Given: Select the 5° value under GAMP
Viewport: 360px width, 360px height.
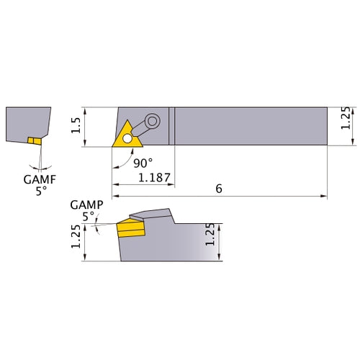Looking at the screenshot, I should point(89,215).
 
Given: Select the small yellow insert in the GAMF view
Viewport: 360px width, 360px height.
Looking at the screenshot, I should point(33,140).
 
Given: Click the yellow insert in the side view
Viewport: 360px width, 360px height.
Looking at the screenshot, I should point(130,230).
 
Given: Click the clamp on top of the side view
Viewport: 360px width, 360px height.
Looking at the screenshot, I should point(153,214).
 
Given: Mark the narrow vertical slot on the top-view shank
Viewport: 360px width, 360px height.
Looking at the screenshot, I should point(172,127).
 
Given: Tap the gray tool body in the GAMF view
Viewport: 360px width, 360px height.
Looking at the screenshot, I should point(25,122).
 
